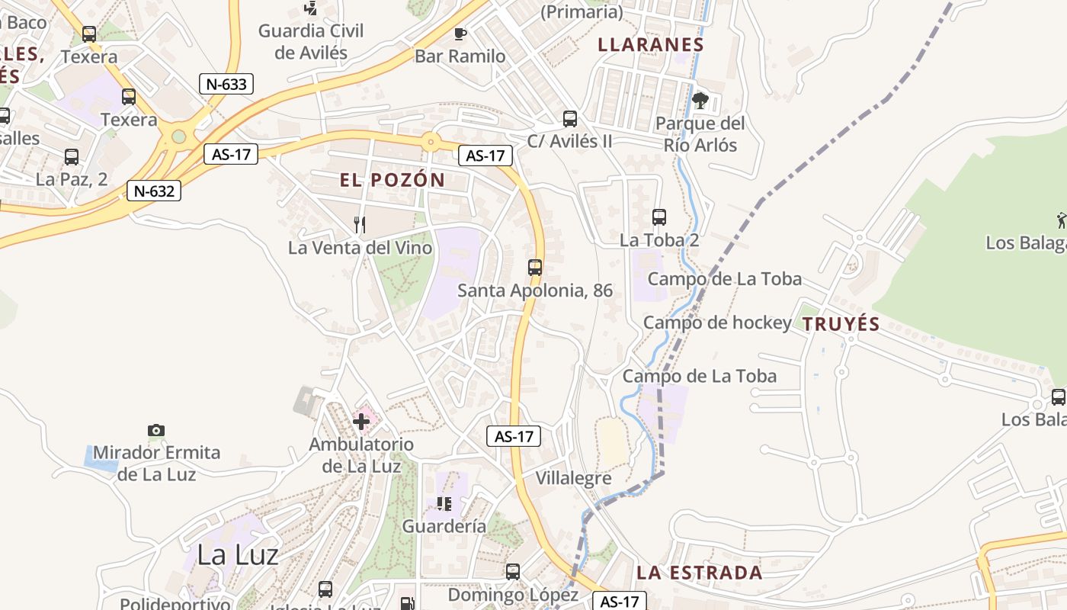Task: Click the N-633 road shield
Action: click(226, 84)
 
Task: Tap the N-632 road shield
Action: click(154, 191)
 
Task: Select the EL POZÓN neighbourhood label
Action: click(393, 181)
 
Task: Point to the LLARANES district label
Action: click(651, 44)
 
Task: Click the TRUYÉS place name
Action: click(841, 324)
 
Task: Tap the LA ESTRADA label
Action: click(699, 573)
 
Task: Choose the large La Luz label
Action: click(237, 554)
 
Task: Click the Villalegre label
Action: click(574, 479)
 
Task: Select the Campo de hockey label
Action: click(717, 323)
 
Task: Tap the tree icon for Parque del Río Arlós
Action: click(700, 100)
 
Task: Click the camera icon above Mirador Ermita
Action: click(156, 431)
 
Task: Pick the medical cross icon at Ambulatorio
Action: click(361, 421)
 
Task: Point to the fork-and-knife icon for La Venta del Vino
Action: click(360, 224)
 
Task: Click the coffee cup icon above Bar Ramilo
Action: click(460, 34)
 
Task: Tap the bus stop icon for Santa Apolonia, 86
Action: click(535, 267)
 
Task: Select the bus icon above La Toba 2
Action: click(659, 217)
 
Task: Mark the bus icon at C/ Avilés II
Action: click(570, 118)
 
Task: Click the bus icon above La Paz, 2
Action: click(72, 157)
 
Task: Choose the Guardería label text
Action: click(444, 526)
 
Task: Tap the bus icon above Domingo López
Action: click(513, 571)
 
